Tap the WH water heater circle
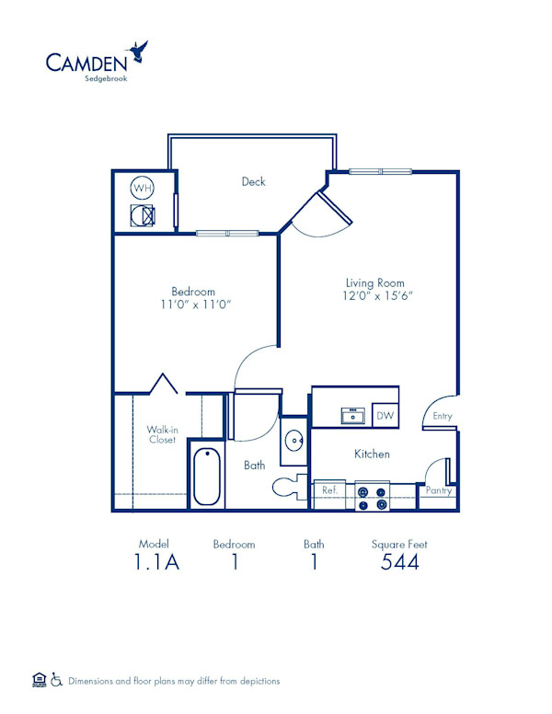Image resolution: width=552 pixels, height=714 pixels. point(142,189)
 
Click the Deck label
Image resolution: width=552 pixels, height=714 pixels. point(253,181)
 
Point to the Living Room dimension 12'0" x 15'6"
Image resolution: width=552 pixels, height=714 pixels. point(374,296)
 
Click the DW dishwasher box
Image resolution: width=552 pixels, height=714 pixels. point(385,416)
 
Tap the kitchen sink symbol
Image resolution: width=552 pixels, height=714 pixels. point(352,416)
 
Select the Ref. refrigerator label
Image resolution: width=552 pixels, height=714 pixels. point(329,491)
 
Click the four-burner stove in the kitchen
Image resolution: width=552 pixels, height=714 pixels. point(373,497)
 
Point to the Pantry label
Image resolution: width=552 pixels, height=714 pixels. point(438,491)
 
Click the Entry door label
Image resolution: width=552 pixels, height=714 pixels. point(443,416)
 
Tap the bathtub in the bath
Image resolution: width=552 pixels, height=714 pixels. point(207,476)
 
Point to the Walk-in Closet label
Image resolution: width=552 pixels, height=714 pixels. point(162,434)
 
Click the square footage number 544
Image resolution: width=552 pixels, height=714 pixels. point(400,562)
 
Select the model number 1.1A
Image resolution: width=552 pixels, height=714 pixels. point(154,562)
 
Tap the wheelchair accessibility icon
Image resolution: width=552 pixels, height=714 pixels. point(56,680)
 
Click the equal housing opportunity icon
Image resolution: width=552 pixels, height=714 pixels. point(39,680)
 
